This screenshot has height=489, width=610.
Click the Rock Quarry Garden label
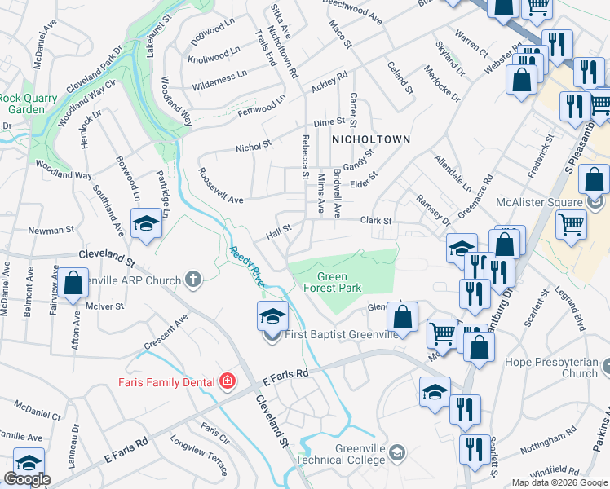pos(21,104)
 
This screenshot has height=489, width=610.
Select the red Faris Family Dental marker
pos(227,381)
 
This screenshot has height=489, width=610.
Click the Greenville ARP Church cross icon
pos(193,280)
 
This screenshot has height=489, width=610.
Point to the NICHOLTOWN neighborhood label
pos(371,139)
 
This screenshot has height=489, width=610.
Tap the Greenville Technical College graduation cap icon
pos(396,453)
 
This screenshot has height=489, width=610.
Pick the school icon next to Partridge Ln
pos(146,227)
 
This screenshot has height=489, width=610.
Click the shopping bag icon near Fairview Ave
pos(73,284)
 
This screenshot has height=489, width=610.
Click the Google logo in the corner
pos(26,480)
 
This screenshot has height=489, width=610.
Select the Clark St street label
pos(377,221)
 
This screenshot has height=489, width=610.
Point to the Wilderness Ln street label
pos(218,81)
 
